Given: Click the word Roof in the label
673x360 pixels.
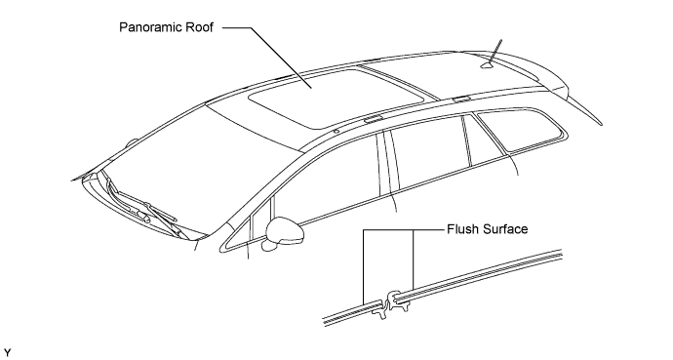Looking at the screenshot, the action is click(x=199, y=27).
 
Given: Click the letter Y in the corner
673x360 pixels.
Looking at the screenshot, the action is click(x=7, y=353).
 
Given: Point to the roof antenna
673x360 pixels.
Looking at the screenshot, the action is click(x=494, y=55).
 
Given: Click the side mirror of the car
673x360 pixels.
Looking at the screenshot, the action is click(x=284, y=234).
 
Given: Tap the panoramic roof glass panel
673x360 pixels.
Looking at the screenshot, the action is click(x=335, y=99).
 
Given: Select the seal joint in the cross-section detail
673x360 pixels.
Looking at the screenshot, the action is click(x=391, y=304).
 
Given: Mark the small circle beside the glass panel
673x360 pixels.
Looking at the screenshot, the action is click(x=336, y=131).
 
